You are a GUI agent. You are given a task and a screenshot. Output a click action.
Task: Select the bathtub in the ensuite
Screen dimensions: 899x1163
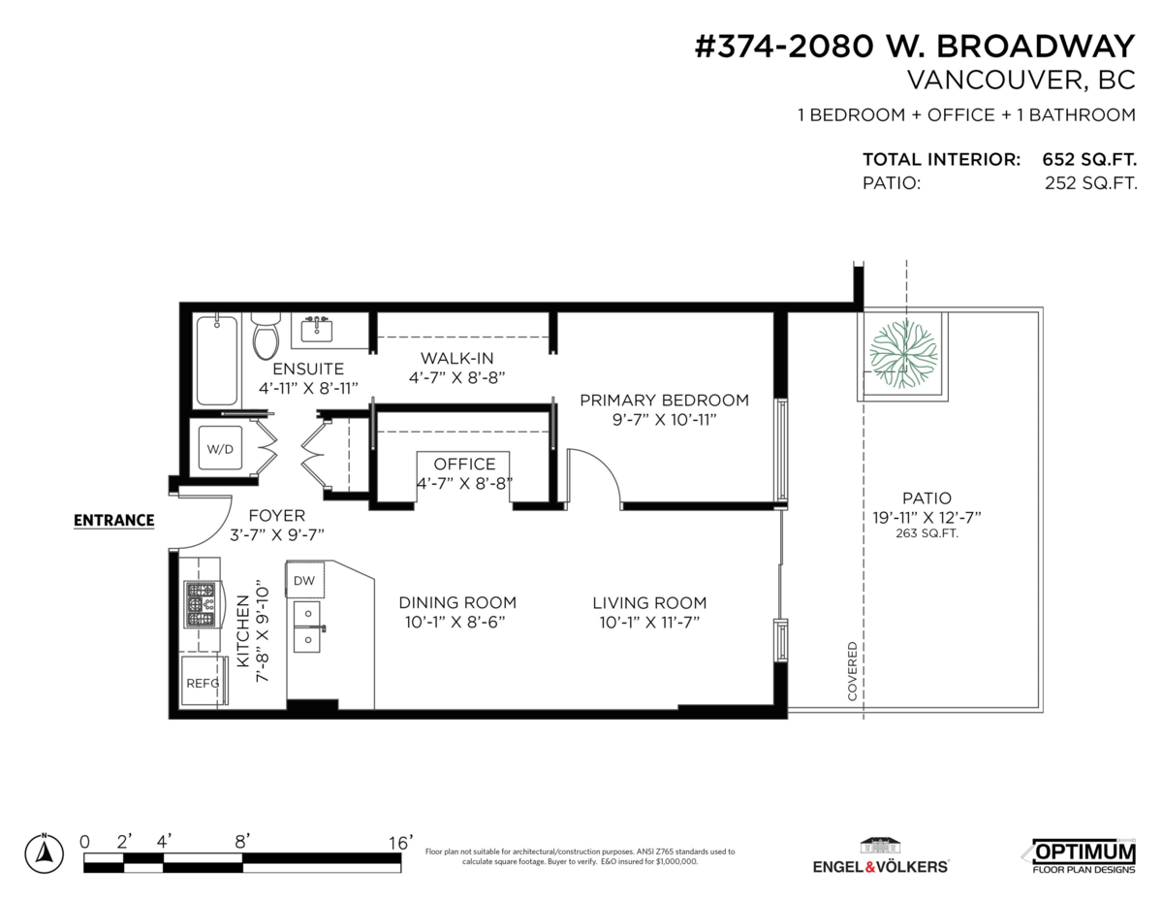[x=216, y=361]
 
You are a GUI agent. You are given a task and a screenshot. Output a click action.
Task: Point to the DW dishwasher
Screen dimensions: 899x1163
[x=304, y=580]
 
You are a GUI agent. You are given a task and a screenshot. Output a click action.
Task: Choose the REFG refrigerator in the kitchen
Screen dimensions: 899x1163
[x=202, y=683]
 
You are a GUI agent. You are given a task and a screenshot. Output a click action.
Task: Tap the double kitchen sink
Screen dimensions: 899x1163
[x=307, y=626]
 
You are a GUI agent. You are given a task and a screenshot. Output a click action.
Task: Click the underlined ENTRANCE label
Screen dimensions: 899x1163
[x=114, y=521]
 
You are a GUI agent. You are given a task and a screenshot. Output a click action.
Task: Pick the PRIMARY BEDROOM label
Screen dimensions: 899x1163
[x=664, y=401]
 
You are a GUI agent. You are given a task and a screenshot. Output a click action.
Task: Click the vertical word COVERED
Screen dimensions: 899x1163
[x=852, y=671]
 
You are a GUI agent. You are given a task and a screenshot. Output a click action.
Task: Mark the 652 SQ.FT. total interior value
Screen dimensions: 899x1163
[x=1089, y=159]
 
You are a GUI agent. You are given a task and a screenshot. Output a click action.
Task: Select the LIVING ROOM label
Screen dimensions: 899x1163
[x=649, y=602]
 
